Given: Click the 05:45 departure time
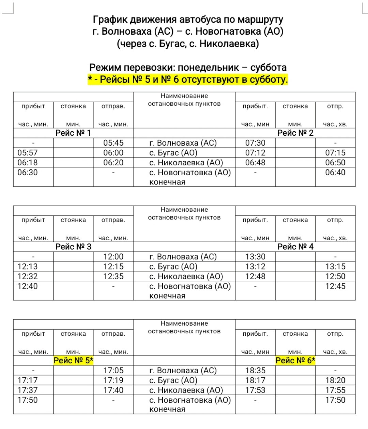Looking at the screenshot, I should pyautogui.click(x=113, y=143).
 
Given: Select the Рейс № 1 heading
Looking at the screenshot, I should pyautogui.click(x=73, y=133).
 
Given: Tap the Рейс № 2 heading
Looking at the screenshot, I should pyautogui.click(x=295, y=133).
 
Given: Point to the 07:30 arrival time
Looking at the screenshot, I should pyautogui.click(x=255, y=143).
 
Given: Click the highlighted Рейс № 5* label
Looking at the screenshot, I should pyautogui.click(x=73, y=361).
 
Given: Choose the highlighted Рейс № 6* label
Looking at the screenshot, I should pyautogui.click(x=295, y=361).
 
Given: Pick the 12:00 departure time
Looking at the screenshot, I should pyautogui.click(x=113, y=257).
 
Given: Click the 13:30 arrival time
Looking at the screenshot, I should pyautogui.click(x=255, y=257).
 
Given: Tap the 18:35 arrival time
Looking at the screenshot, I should pyautogui.click(x=255, y=370).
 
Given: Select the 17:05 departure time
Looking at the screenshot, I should pyautogui.click(x=113, y=370).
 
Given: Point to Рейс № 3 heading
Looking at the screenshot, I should pyautogui.click(x=73, y=247).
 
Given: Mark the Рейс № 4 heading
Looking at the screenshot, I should pyautogui.click(x=295, y=247).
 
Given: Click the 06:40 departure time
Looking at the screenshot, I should pyautogui.click(x=335, y=172).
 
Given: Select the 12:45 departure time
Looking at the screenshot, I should pyautogui.click(x=335, y=286).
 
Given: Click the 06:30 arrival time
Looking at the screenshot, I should pyautogui.click(x=28, y=172).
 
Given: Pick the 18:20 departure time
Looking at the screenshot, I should pyautogui.click(x=335, y=380).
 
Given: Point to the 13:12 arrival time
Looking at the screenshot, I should pyautogui.click(x=255, y=267).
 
